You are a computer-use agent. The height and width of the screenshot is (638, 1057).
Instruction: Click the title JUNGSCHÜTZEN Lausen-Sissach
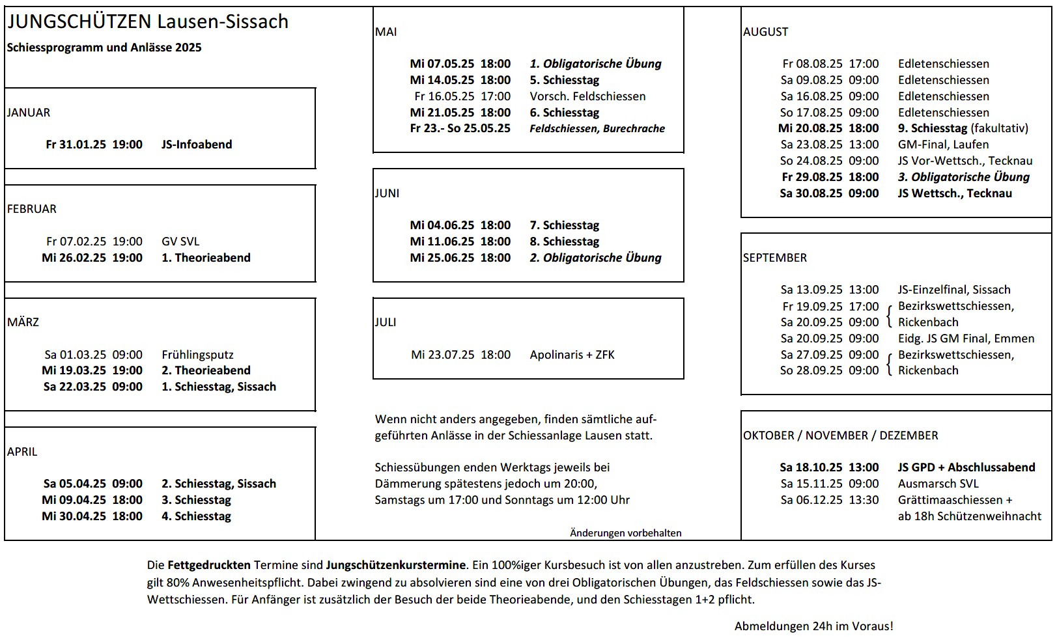click(x=148, y=21)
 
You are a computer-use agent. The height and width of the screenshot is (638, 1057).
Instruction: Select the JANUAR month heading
click(x=29, y=113)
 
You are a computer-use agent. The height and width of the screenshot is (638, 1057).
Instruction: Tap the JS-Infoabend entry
click(x=197, y=145)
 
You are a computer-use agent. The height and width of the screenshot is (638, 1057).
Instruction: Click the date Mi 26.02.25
click(x=74, y=258)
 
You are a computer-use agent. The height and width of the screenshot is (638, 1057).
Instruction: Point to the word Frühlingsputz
click(x=197, y=355)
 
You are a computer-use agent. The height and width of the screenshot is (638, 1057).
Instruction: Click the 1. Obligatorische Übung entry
click(x=595, y=64)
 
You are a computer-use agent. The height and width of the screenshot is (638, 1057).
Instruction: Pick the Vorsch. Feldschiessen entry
click(x=587, y=96)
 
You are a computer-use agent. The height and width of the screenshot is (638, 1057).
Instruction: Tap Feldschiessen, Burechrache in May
click(x=597, y=129)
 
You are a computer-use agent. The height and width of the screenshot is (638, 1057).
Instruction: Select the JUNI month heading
click(x=387, y=193)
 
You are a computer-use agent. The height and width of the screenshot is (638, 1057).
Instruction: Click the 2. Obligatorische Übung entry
click(x=595, y=258)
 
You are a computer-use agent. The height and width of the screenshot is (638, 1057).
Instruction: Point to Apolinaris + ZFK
click(x=572, y=355)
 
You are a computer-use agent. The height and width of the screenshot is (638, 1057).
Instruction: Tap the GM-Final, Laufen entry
click(x=943, y=145)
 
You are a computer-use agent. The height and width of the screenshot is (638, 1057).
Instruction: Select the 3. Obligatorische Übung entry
click(x=963, y=177)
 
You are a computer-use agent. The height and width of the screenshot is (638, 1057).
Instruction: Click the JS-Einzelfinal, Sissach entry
click(x=954, y=290)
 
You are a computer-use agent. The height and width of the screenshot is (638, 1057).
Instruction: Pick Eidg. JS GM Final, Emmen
click(x=966, y=339)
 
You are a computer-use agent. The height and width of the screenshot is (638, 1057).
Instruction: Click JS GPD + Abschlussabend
click(x=966, y=467)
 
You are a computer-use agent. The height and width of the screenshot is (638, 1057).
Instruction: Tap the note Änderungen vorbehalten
click(x=625, y=533)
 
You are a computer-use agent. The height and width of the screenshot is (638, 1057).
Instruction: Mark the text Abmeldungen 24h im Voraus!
click(x=813, y=626)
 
